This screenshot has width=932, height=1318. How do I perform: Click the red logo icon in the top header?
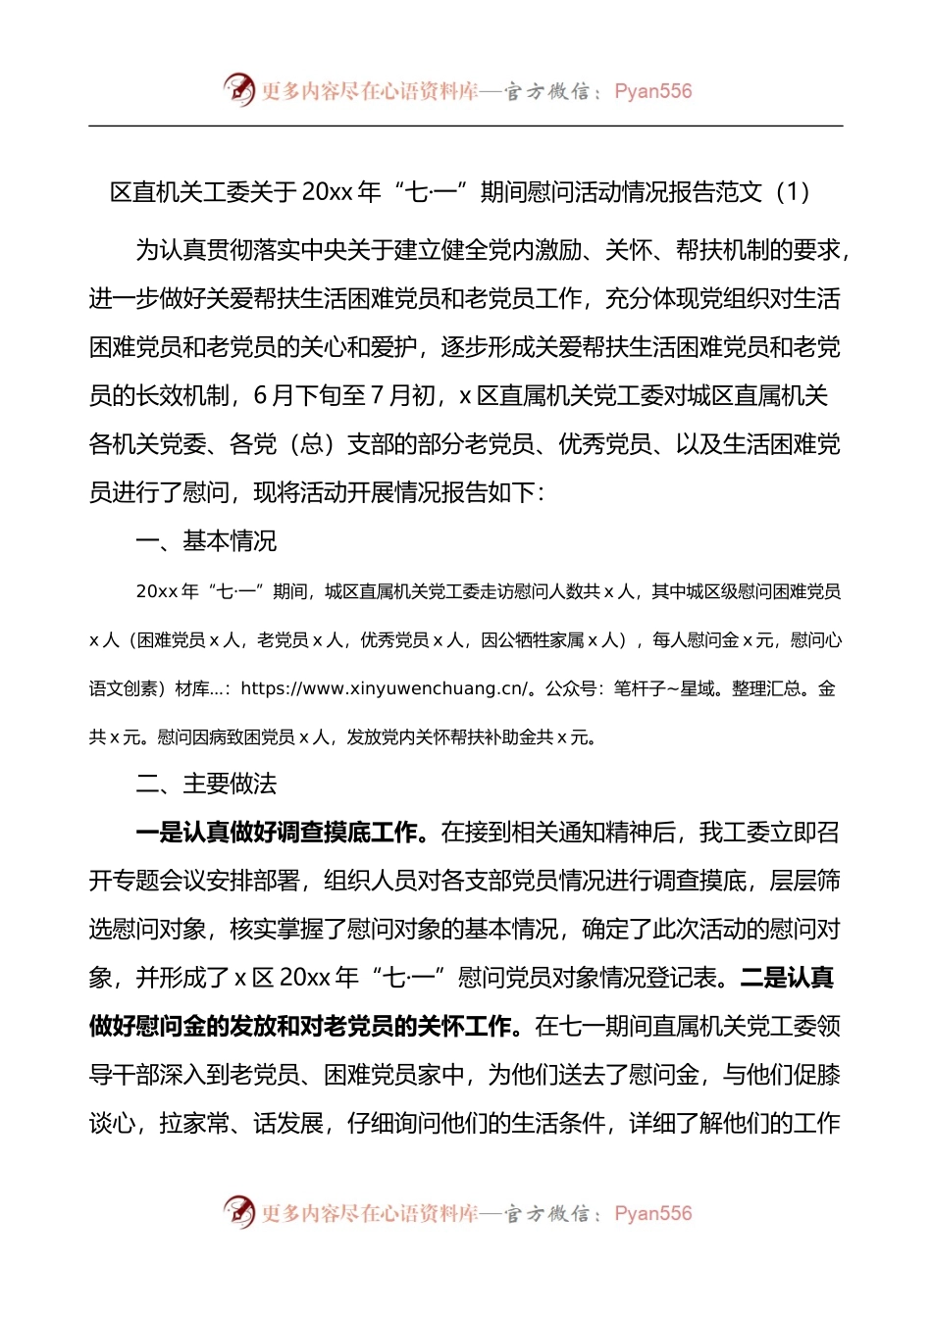(x=238, y=89)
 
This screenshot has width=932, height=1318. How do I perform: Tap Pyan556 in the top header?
(x=652, y=91)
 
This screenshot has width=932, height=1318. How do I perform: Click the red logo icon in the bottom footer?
(x=238, y=1212)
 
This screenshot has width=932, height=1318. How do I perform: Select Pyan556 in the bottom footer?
(x=652, y=1214)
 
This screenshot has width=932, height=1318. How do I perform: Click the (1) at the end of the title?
(x=793, y=192)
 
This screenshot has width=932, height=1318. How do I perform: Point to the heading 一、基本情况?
(x=206, y=540)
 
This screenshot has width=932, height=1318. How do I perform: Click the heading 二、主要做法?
(x=206, y=784)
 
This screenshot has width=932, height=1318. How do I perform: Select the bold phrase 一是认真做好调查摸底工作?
(x=278, y=833)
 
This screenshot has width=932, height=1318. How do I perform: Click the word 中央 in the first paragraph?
(x=324, y=251)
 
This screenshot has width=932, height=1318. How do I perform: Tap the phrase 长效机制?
(x=182, y=396)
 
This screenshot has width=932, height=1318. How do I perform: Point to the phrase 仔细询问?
(x=394, y=1124)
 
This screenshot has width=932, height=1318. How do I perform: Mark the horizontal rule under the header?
(x=466, y=126)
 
